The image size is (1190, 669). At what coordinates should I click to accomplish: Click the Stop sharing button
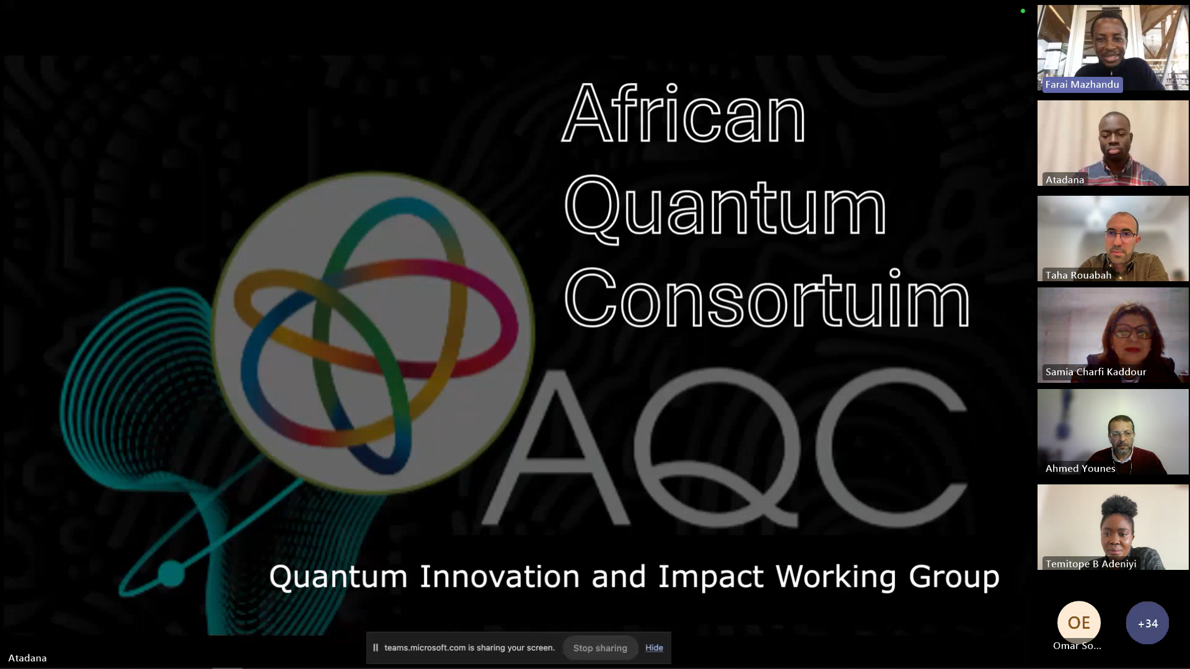600,648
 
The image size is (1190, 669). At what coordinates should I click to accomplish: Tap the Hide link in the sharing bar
654,648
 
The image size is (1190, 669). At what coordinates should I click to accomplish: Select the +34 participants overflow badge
1147,623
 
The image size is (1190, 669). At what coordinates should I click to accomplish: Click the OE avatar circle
1078,623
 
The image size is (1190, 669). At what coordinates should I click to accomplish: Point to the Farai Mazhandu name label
1082,84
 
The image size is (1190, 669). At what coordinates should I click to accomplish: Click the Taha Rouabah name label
1078,275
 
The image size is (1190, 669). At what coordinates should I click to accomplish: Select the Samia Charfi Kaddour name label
1096,372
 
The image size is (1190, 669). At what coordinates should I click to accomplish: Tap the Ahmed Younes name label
1080,468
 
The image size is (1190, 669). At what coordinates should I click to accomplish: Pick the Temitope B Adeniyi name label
1091,564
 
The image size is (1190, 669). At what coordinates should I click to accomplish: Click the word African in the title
684,113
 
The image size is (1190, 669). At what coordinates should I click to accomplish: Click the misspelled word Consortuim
767,299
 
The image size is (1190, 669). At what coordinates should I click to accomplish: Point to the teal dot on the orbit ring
171,574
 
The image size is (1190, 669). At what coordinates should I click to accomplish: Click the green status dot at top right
1023,11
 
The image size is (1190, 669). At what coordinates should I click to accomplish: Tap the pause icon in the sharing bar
375,648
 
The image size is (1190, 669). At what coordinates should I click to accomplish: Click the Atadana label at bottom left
27,658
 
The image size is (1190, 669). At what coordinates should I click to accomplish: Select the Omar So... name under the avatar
1077,645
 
